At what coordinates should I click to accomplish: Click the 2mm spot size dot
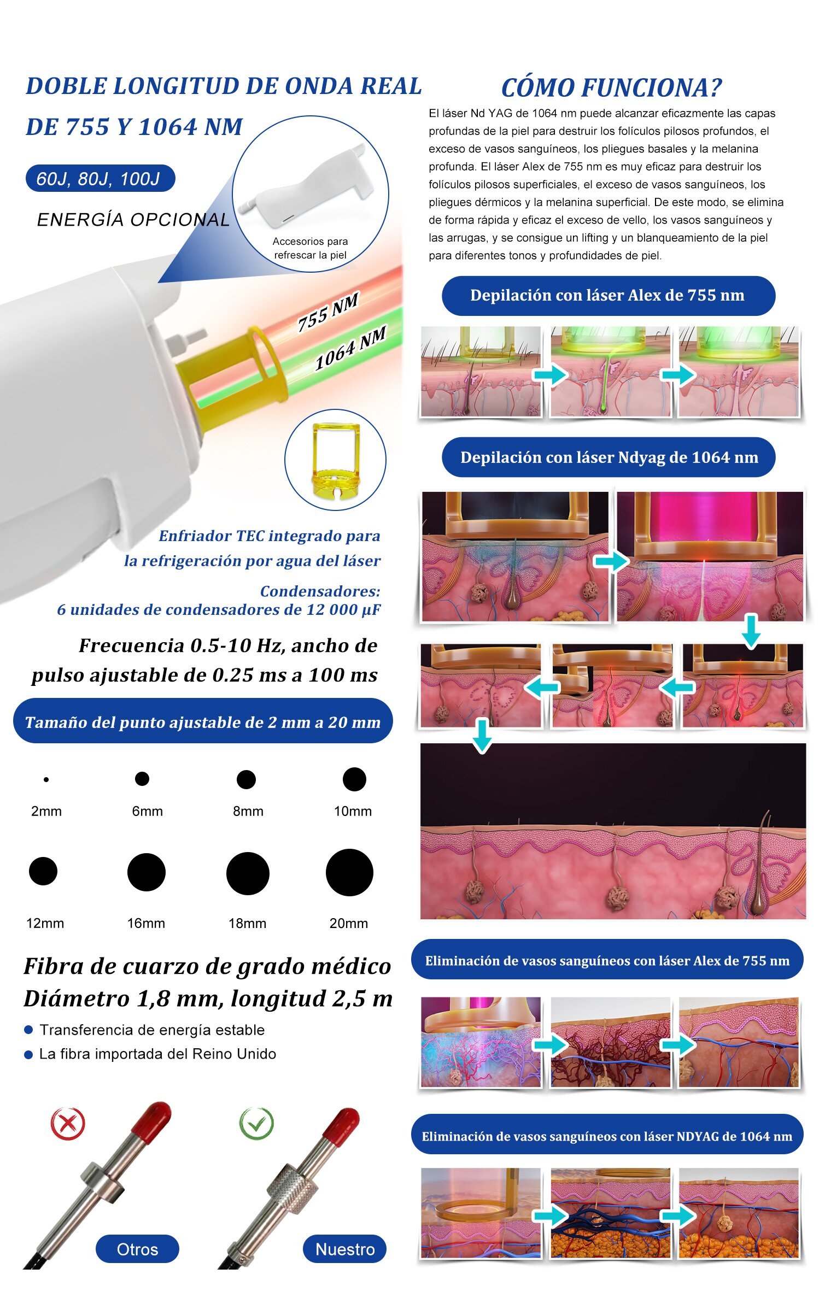click(46, 779)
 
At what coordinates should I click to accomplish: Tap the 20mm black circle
click(349, 872)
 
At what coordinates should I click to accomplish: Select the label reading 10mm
click(353, 811)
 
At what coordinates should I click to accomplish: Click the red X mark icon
click(68, 1124)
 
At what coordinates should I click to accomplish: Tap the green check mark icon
click(256, 1123)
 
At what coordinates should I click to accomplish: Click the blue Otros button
click(137, 1249)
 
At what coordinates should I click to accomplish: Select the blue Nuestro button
click(345, 1249)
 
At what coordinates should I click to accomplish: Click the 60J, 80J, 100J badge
click(100, 178)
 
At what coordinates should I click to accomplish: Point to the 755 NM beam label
click(328, 312)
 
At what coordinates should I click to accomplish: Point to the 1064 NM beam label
click(350, 348)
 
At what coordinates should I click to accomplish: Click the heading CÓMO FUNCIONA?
click(611, 87)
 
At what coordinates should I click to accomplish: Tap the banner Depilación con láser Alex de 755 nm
click(608, 296)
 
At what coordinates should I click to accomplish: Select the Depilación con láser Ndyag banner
click(609, 457)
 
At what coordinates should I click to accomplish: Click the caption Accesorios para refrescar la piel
click(310, 248)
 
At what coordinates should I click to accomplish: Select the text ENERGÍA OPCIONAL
click(133, 220)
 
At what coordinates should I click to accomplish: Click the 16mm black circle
click(147, 872)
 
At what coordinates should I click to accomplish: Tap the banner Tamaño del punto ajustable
click(203, 721)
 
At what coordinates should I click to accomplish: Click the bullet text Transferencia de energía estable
click(152, 1030)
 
